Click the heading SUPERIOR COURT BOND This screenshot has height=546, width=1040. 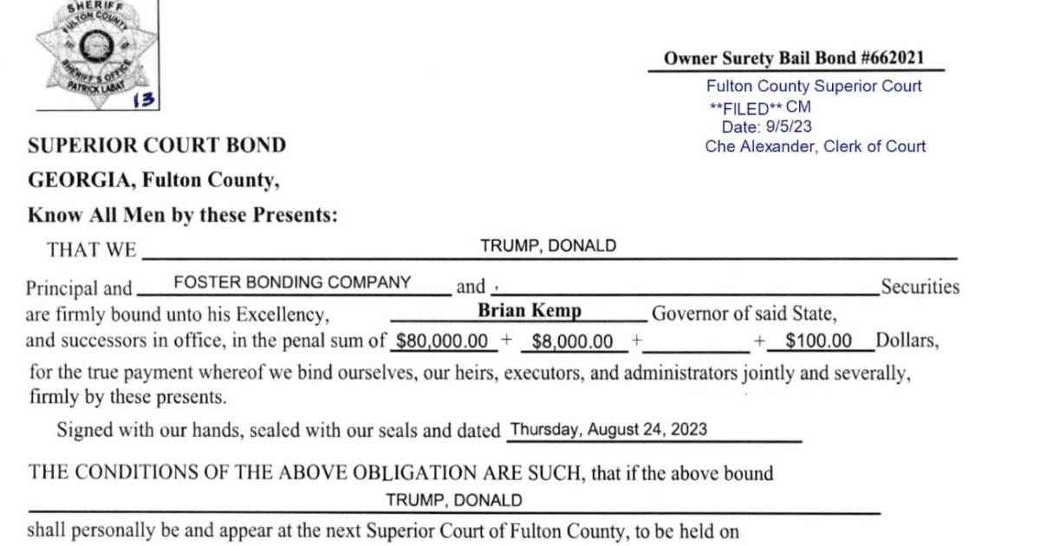tap(157, 145)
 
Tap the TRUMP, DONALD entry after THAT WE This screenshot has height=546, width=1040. tap(548, 245)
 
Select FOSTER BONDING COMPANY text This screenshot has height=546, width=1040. tap(292, 282)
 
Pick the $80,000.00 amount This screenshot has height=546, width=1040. tap(441, 341)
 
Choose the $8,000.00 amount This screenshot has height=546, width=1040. tap(573, 341)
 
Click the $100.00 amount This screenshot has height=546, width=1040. tap(818, 341)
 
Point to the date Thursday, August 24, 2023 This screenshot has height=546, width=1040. tap(608, 429)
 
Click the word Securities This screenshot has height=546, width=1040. tap(920, 287)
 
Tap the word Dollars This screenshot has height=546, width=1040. tap(907, 340)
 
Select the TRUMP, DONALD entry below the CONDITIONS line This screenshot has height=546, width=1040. tap(453, 500)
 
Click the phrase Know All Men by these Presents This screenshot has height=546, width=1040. tap(183, 216)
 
